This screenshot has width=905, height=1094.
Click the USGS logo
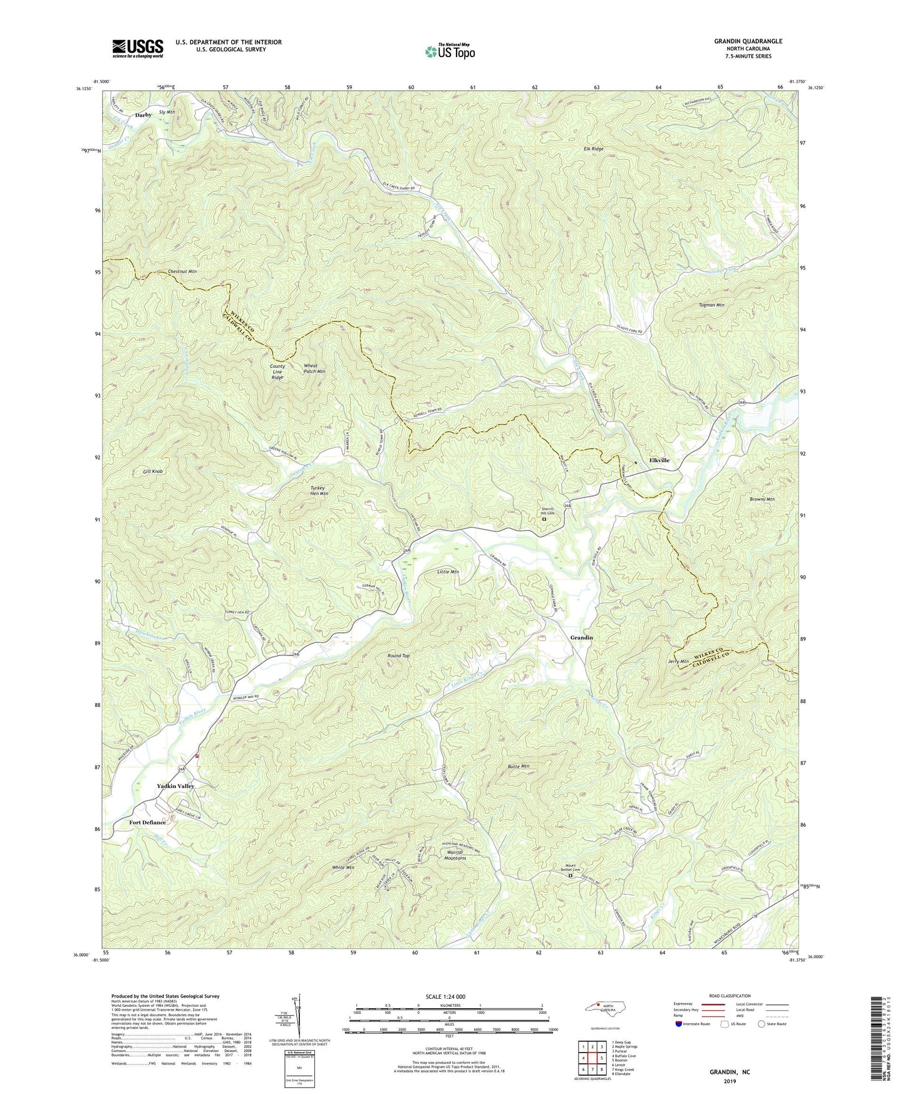[137, 48]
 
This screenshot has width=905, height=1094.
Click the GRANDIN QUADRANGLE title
[748, 41]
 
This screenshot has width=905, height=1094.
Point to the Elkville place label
[659, 460]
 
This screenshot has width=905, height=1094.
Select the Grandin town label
[581, 637]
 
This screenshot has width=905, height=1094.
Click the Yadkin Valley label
[175, 786]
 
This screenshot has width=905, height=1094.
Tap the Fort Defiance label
[147, 823]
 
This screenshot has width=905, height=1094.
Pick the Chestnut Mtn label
[182, 272]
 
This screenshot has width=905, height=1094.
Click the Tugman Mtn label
[711, 305]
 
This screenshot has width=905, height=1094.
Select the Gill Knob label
[152, 471]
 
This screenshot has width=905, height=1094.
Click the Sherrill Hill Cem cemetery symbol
[544, 519]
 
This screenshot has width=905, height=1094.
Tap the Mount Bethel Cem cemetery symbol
[570, 876]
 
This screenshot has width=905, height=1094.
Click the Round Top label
[398, 656]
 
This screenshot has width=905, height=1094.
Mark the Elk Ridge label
[592, 149]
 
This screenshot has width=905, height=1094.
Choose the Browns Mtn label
[762, 499]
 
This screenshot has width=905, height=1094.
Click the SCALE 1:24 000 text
[449, 997]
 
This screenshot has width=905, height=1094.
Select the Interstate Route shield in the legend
[679, 1024]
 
